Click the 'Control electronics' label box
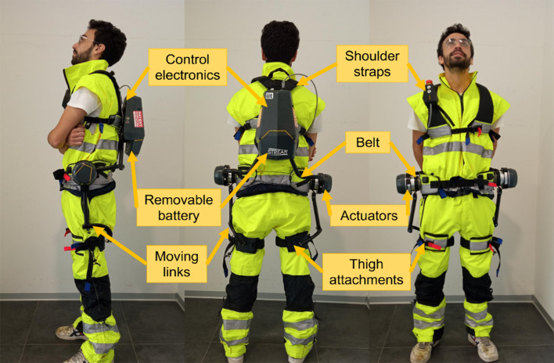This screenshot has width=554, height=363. click(x=187, y=67)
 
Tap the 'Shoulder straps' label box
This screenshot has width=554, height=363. click(x=372, y=63)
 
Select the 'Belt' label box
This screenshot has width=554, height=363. click(x=368, y=142)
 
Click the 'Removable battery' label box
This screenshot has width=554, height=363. click(x=178, y=207)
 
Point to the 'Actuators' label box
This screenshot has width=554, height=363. click(x=369, y=215)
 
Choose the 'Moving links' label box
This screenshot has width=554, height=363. click(x=177, y=264)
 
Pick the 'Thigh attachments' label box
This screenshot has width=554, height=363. click(x=366, y=272)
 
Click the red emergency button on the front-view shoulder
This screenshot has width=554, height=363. click(x=430, y=83)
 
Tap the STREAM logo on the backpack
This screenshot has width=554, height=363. click(x=277, y=153)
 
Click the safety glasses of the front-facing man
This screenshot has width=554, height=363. click(x=458, y=43)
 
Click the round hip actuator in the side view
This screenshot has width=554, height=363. click(x=84, y=173)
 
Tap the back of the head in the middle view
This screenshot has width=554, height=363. click(x=280, y=41)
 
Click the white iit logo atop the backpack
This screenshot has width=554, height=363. click(x=269, y=95)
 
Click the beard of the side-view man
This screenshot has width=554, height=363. click(x=81, y=56)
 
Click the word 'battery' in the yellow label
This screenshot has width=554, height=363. click(x=178, y=216)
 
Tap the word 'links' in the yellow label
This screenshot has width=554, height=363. click(x=177, y=272)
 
